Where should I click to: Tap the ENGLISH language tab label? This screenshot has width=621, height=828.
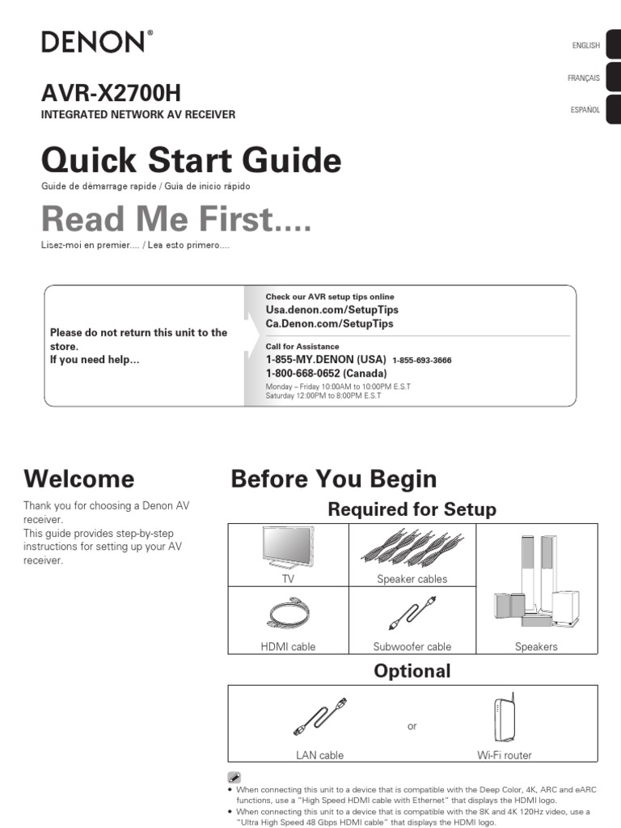coord(585,46)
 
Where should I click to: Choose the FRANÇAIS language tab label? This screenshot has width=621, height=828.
coord(584,78)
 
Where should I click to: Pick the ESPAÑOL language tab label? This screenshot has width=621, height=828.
coord(585,110)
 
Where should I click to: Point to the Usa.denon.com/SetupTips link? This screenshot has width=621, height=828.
coord(332,310)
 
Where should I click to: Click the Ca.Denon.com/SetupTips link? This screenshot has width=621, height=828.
coord(329,323)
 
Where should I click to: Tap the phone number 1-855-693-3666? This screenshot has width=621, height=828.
coord(421,361)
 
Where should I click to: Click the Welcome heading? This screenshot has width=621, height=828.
coord(79,479)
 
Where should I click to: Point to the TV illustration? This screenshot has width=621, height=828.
coord(289,548)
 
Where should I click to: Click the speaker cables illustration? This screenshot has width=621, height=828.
coord(411,547)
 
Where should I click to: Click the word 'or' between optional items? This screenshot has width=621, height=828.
coord(412,727)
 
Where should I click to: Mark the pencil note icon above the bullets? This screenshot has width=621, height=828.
coord(234,777)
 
